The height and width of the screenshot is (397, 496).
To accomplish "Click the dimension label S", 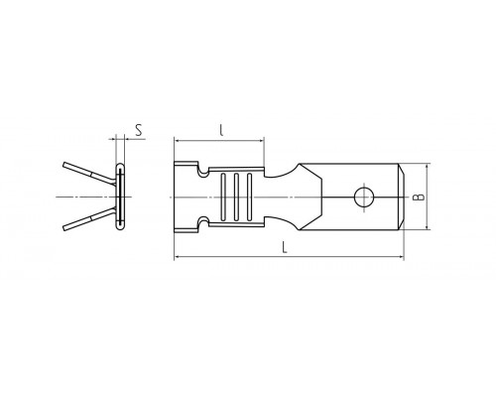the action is (x=139, y=130).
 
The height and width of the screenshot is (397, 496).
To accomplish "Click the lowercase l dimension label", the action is (x=221, y=130).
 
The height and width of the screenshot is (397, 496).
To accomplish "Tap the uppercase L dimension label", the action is (x=284, y=247).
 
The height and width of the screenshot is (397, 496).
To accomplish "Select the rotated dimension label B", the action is (x=419, y=198).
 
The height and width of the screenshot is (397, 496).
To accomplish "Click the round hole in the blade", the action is (x=363, y=198).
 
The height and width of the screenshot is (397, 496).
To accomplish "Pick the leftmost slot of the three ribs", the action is (x=223, y=197).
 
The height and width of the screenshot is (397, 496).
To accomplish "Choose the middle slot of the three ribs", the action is (x=236, y=197).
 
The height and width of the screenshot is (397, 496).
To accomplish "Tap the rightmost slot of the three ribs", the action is (x=249, y=197).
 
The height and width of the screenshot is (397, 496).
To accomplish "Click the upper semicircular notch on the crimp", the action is (x=203, y=172).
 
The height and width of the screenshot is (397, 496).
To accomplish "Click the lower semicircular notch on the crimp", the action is (x=203, y=221).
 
